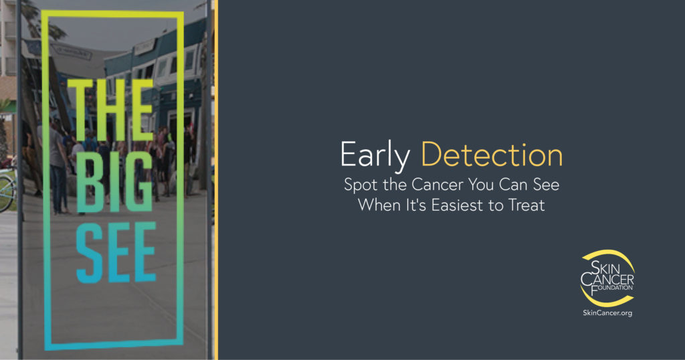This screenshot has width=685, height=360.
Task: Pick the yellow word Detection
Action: tap(491, 155)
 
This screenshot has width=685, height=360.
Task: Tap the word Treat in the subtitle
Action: tap(526, 205)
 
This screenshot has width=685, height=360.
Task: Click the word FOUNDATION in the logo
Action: tap(610, 288)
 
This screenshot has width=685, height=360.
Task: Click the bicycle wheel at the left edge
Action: tap(5, 191)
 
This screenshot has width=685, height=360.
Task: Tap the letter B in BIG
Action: tap(86, 181)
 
